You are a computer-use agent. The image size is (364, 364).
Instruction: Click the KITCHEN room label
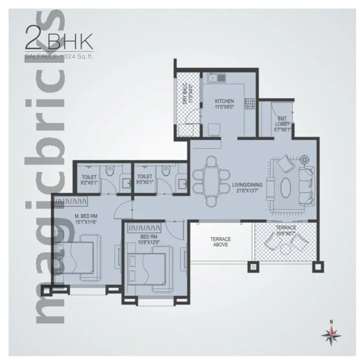point(224,101)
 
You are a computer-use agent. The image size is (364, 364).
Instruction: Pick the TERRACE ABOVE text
point(220,242)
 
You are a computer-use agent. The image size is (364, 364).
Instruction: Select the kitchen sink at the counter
point(213,77)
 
